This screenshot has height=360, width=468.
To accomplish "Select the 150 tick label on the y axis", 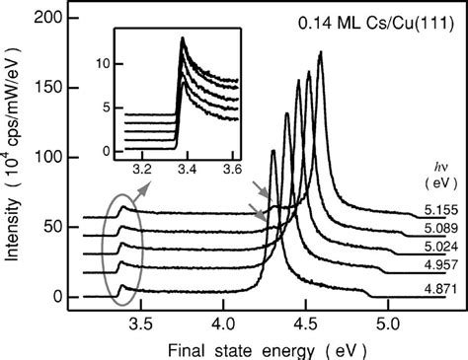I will tap(52, 89).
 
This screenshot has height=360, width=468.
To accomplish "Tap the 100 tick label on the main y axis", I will tap(52, 158).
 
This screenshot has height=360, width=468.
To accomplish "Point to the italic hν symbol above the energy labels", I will tap(432, 165).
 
